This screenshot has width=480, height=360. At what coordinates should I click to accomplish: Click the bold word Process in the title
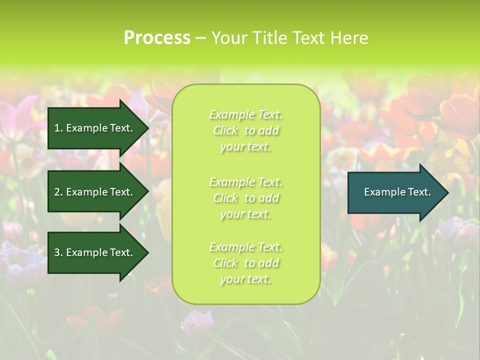click(x=157, y=38)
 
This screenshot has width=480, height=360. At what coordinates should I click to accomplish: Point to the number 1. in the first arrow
click(x=58, y=128)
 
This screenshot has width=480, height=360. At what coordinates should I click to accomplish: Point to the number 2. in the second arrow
click(x=58, y=192)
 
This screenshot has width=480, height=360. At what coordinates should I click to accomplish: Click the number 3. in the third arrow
click(x=58, y=252)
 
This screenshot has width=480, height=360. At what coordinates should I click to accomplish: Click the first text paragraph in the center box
click(x=245, y=130)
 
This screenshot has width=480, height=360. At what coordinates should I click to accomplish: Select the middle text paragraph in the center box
click(x=245, y=198)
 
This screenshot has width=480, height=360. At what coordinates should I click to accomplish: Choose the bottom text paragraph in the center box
click(x=245, y=263)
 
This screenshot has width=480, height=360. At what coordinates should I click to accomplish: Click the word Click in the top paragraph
click(x=225, y=130)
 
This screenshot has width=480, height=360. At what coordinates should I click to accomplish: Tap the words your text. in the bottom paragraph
click(x=245, y=279)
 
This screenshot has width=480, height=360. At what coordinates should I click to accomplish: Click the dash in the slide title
click(x=200, y=38)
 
